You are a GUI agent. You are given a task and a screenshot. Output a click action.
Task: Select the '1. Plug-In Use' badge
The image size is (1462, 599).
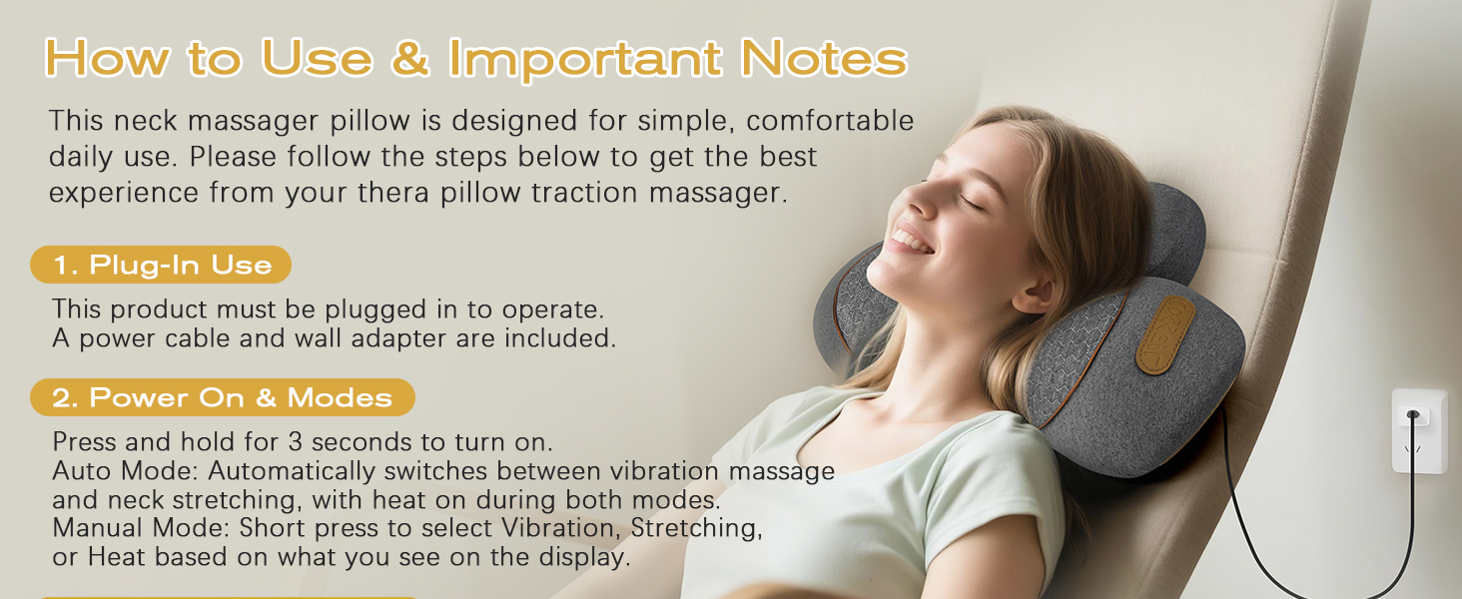162,266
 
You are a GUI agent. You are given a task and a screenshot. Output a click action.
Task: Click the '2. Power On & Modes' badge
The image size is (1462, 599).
222,397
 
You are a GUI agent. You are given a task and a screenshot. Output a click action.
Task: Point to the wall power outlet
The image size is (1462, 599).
1418,429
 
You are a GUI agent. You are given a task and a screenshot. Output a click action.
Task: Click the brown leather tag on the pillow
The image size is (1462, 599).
1165,334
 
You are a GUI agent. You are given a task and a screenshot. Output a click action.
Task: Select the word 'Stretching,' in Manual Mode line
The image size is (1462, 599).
696,528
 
